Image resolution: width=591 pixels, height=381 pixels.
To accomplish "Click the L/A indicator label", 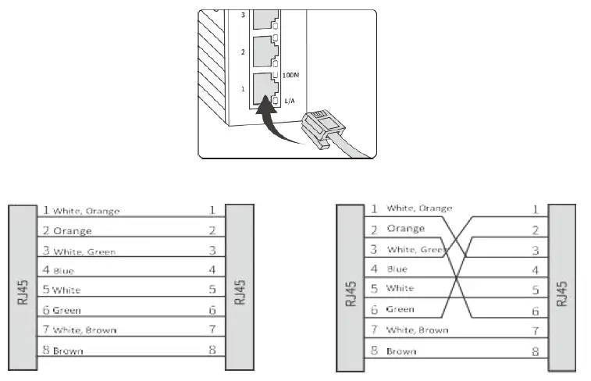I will pos(290,101).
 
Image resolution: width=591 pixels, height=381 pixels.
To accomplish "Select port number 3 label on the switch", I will pos(243,15).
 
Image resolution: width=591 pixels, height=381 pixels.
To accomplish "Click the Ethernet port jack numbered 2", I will pos(265,50).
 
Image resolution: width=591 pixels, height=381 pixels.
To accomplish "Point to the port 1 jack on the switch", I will pos(265,86).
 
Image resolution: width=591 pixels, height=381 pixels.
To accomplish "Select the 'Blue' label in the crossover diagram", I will pos(397,269).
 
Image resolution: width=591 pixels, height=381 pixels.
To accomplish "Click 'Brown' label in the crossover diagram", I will pos(401,351).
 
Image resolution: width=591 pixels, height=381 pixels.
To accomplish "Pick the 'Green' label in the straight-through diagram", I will pos(66,310).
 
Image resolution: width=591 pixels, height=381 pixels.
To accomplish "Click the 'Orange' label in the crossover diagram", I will pos(405,229).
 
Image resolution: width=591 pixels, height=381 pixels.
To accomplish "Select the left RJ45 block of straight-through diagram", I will pos(23,286).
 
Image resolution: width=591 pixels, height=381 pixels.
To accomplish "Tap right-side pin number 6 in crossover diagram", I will pos(535,311).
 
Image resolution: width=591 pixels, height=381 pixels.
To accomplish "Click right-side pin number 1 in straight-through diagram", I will pos(212,210).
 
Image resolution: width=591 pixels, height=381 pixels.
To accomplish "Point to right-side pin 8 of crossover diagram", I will pos(535,351).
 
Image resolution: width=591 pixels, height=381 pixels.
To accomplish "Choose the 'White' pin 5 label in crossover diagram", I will pos(401,289).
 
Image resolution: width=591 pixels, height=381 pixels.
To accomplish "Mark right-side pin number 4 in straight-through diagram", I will pos(212,269).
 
